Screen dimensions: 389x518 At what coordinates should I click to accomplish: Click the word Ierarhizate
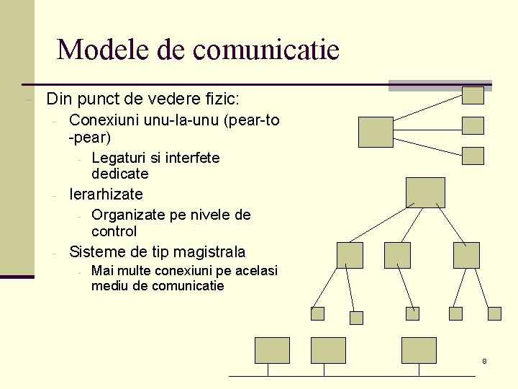[x=106, y=194]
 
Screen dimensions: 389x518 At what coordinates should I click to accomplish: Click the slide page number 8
[x=484, y=360]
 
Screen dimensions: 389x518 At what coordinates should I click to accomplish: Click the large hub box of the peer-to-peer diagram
[x=376, y=132]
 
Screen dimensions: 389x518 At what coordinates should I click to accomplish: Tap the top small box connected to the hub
[x=473, y=95]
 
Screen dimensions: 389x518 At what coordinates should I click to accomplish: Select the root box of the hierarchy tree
[x=425, y=192]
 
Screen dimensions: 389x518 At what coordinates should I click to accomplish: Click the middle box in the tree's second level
[x=397, y=255]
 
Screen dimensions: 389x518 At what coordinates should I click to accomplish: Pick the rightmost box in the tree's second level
[x=465, y=255]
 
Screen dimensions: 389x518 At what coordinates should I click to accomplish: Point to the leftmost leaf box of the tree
[x=317, y=313]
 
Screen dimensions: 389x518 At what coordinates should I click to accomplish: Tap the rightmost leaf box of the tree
[x=494, y=313]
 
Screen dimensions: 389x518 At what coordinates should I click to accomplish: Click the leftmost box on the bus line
[x=272, y=350]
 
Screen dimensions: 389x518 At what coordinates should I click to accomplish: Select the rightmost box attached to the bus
[x=419, y=350]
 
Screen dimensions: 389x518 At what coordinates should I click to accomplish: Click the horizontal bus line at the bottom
[x=353, y=376]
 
